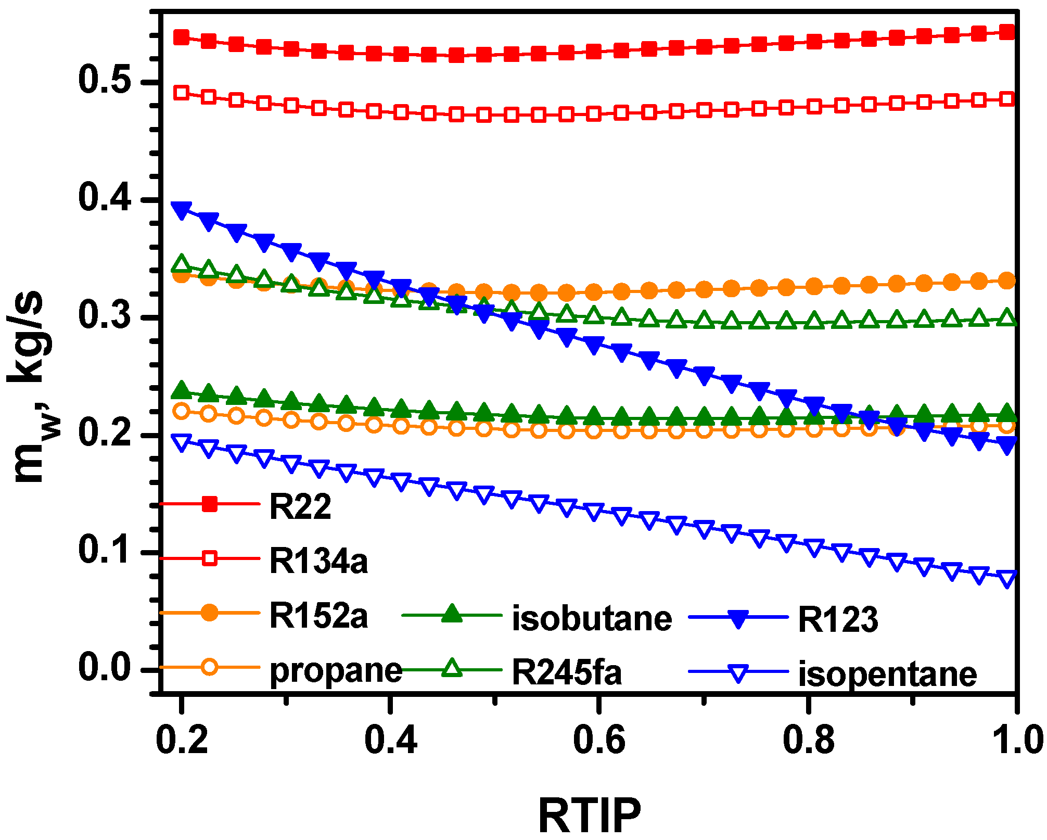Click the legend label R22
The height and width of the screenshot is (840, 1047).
click(300, 506)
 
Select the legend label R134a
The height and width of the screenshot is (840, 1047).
click(318, 561)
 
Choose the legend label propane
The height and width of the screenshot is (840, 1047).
click(336, 671)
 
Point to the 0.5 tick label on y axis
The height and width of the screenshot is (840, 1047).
click(104, 81)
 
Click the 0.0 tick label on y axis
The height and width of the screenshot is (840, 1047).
click(104, 668)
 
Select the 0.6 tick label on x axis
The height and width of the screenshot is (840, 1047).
click(599, 741)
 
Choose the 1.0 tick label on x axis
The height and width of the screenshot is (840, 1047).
click(1015, 741)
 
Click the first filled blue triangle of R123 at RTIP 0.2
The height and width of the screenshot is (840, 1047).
click(181, 210)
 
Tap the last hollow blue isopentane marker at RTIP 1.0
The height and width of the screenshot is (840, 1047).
click(1007, 578)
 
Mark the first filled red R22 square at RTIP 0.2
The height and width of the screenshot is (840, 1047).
click(181, 37)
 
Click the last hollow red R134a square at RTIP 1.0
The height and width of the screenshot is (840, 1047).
click(1007, 99)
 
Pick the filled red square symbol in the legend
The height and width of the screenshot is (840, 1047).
click(209, 504)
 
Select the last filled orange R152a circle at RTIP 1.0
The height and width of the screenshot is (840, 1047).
click(1007, 281)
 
